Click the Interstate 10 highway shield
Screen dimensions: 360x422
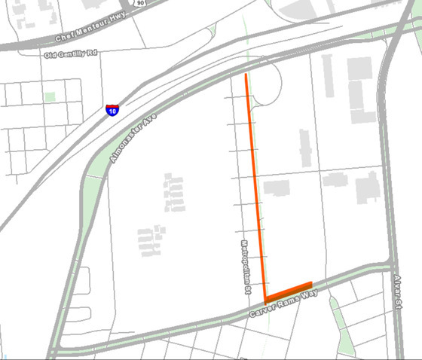112,111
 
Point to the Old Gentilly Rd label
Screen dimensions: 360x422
71,55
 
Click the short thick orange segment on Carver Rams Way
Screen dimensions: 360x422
289,290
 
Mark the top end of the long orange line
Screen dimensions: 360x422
246,75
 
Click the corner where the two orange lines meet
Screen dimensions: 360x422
266,298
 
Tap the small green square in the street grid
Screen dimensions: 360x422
50,96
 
